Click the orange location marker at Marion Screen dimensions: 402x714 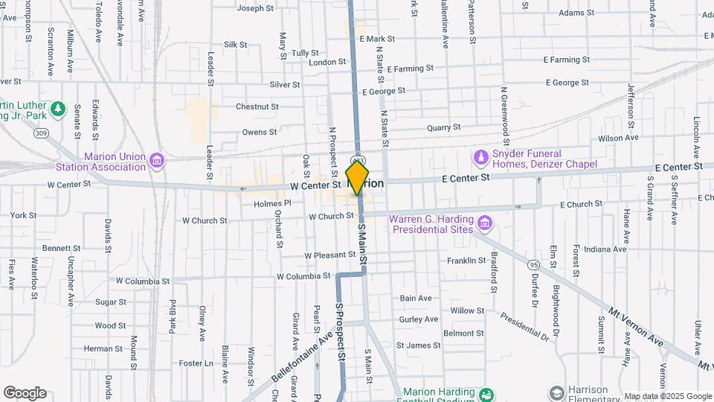click(358, 177)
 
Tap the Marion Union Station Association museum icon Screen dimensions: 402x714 click(156, 161)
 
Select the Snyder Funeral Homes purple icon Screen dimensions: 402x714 click(480, 158)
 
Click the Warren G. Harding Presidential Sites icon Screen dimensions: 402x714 click(485, 223)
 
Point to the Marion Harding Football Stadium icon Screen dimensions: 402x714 click(486, 393)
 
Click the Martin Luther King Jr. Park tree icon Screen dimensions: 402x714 click(58, 110)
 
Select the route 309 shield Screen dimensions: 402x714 click(42, 133)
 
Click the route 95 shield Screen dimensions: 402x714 click(533, 264)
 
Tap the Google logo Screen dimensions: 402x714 click(25, 393)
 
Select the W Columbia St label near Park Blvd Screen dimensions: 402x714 click(143, 281)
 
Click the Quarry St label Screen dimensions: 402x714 click(445, 127)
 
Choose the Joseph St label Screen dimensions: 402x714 click(255, 9)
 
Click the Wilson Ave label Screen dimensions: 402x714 click(618, 138)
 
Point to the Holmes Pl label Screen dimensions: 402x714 click(272, 202)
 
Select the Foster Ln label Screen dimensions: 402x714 click(196, 363)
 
